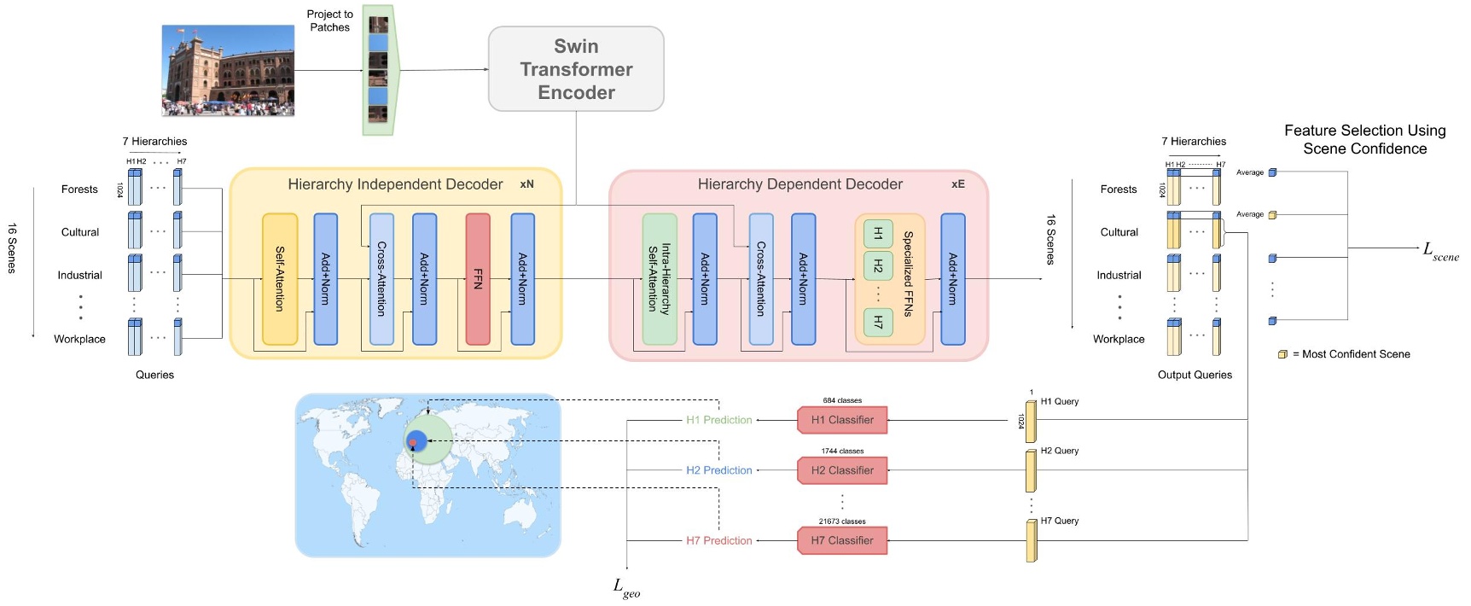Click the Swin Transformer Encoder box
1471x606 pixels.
pos(576,69)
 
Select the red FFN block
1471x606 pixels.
pos(478,279)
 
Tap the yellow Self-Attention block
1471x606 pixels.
pos(280,279)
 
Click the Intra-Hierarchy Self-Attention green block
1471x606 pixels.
pos(660,279)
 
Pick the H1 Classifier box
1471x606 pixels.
pos(842,420)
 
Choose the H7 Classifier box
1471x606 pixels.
pos(842,540)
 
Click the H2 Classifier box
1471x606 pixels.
pos(842,470)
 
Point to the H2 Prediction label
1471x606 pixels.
pos(719,470)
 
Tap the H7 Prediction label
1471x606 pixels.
pos(719,540)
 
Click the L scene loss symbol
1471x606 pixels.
pos(1439,251)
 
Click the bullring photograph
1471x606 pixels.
pos(228,70)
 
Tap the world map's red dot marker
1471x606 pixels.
pos(413,444)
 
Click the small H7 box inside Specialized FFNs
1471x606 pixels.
pos(878,322)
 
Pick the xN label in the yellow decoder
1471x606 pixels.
pos(526,184)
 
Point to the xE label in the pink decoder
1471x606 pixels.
pos(957,184)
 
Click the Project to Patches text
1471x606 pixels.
pos(330,20)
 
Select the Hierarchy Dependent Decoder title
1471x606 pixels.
pos(799,184)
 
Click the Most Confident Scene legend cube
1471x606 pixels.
pos(1282,354)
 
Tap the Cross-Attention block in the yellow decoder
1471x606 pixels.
pos(381,279)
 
